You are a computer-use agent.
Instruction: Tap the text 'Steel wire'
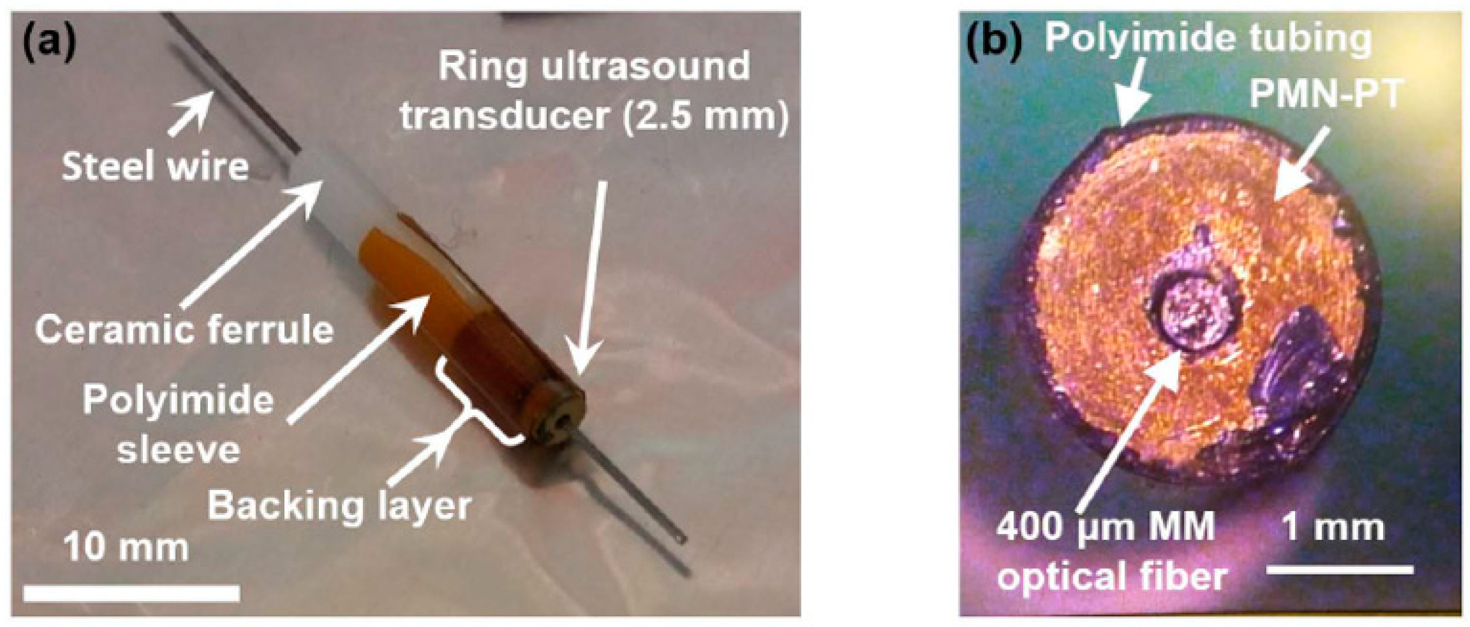[155, 167]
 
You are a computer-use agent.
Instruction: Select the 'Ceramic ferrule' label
[184, 330]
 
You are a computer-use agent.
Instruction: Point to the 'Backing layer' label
[339, 505]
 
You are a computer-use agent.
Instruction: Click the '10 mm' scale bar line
[132, 594]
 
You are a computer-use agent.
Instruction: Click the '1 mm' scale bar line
[1339, 569]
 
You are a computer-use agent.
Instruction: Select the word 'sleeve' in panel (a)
[179, 450]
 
